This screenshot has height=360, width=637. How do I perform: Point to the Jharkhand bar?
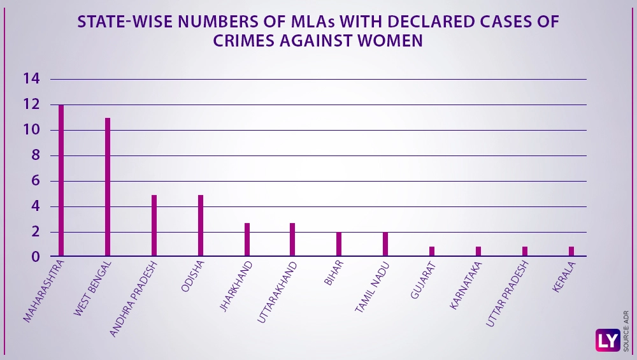247,240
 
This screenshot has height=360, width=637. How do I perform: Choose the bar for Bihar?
339,244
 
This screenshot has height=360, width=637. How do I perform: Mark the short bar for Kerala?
571,252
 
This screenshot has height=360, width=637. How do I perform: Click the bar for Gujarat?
432,252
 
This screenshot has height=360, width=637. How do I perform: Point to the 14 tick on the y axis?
31,79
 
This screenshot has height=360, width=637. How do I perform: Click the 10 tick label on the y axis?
31,130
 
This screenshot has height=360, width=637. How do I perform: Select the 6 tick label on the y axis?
36,181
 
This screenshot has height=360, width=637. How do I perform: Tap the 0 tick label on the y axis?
36,257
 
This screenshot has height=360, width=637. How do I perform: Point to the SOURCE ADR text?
627,331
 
